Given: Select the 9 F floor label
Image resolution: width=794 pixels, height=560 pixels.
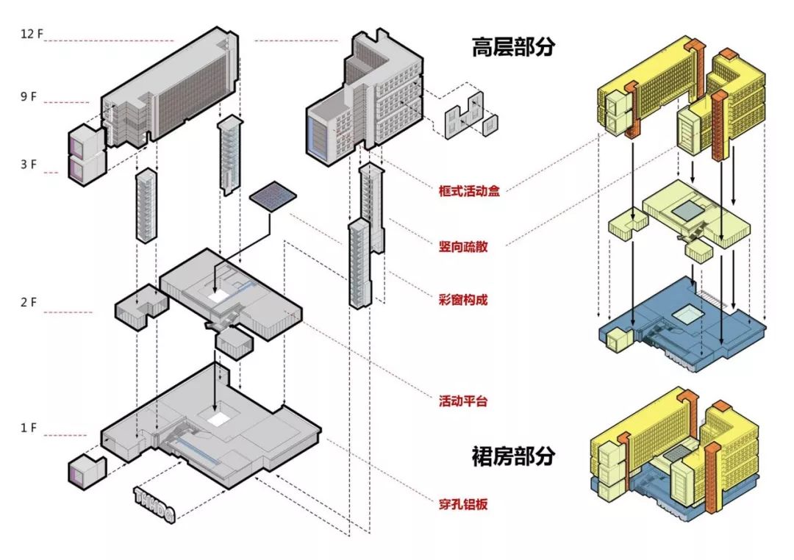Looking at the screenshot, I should click(x=27, y=96).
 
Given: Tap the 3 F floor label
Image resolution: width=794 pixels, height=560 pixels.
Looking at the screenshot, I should click(x=28, y=165).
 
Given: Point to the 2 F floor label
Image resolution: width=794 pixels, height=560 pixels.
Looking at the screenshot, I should click(x=28, y=303).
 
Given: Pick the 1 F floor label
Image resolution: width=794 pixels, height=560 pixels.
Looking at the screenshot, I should click(x=28, y=427).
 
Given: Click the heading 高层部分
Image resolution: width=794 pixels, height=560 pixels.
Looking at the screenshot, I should click(x=513, y=47).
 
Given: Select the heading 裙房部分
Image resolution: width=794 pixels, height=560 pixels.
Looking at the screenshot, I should click(x=513, y=456).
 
